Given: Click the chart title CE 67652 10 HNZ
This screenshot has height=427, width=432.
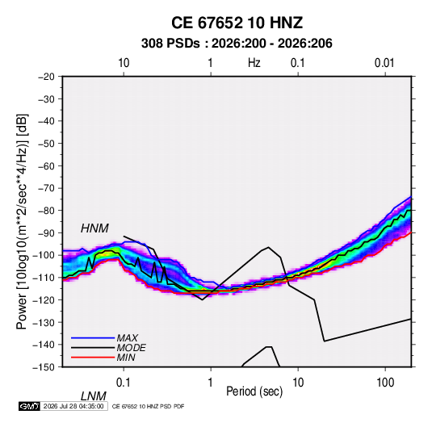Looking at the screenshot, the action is pos(237,23).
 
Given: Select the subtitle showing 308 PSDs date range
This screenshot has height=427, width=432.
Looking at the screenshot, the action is pos(237,44).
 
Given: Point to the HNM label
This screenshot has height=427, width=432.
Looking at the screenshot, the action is pos(94,228).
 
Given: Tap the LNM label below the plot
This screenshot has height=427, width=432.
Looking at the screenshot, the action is pos(93,396).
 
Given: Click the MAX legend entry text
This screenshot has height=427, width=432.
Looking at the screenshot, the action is pos(128,337).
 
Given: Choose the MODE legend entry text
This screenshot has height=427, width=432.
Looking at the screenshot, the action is pos(131,348).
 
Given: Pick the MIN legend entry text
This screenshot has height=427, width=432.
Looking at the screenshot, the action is pos(126,358).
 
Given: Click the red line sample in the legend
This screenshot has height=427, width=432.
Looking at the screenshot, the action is pos(93,358).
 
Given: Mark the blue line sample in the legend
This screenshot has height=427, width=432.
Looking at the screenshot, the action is pos(93,337).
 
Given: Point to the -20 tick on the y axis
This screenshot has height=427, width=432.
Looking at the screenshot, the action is pos(46,77).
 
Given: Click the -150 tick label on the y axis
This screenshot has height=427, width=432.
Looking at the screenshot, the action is pos(44,367).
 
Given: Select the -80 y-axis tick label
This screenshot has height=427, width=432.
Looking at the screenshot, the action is pos(46,211).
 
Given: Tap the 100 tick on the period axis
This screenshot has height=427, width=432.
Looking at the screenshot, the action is pos(385,383).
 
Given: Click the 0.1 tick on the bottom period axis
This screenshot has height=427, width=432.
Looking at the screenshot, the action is pos(124,383).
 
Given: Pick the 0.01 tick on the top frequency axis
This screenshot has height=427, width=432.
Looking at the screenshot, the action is pos(384,63).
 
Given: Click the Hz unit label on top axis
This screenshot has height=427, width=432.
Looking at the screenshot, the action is pos(254,63).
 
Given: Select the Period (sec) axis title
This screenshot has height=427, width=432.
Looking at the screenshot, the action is pos(254,391).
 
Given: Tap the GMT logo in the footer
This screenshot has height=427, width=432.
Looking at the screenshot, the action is pos(29,406).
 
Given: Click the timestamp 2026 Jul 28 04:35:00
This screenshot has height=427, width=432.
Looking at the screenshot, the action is pos(73,406).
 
